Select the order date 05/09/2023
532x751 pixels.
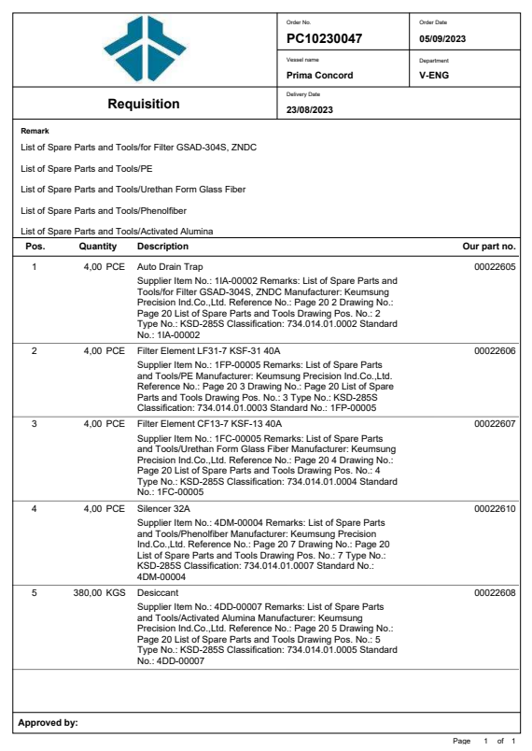click(442, 39)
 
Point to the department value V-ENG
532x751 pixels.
click(435, 75)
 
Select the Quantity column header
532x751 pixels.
click(97, 247)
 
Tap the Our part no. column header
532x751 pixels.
click(489, 247)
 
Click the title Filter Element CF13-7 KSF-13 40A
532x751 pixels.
click(209, 424)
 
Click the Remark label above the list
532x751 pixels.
click(35, 132)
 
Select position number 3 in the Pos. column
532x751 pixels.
click(34, 424)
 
